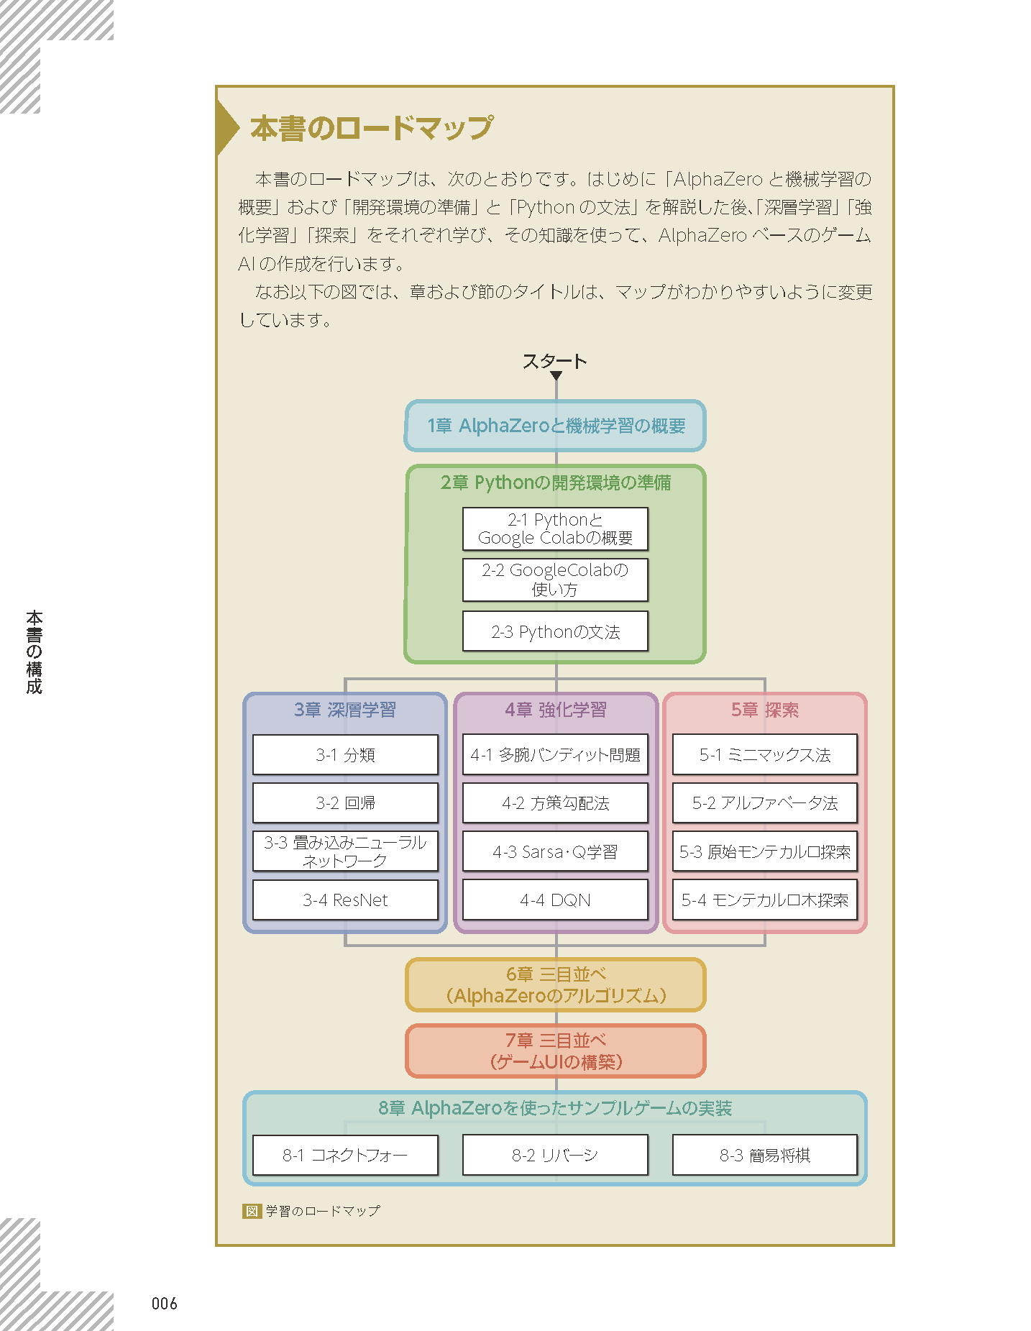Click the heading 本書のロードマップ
click(x=371, y=128)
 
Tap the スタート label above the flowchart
click(x=554, y=361)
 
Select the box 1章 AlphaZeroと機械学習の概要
click(x=555, y=426)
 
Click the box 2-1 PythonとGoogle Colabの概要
click(x=555, y=529)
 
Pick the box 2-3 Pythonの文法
click(x=555, y=631)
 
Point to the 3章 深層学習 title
click(x=345, y=710)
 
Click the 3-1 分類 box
click(x=345, y=754)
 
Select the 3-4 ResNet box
click(x=345, y=900)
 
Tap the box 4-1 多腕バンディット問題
click(x=555, y=754)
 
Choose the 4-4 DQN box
click(x=555, y=900)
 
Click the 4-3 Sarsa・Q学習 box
click(x=555, y=851)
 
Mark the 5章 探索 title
click(x=765, y=710)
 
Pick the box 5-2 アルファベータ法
click(x=765, y=802)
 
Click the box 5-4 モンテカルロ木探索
click(x=765, y=900)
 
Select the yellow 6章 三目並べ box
click(x=555, y=984)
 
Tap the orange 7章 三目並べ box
click(x=555, y=1051)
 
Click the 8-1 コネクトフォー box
click(x=345, y=1155)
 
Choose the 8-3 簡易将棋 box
click(x=765, y=1155)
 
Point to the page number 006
click(x=165, y=1304)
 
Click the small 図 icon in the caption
click(x=252, y=1211)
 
